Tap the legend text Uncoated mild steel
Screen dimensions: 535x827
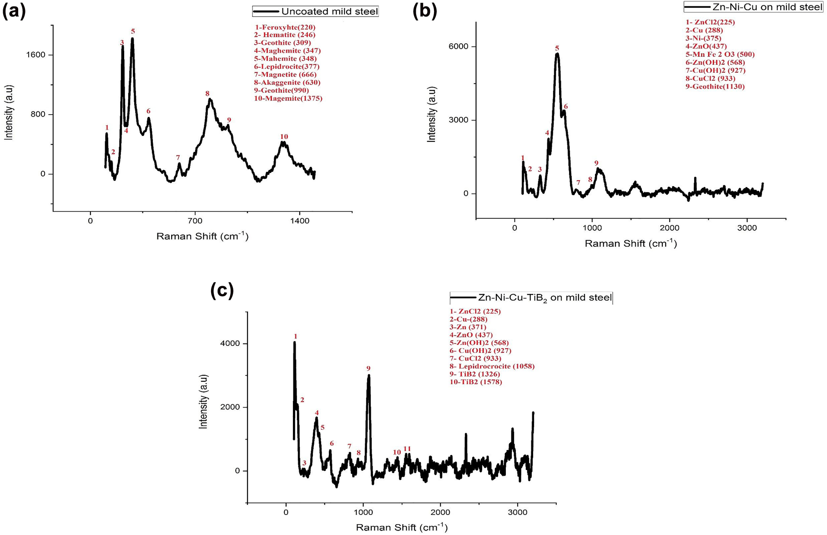[329, 11]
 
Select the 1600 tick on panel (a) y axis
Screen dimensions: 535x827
[36, 55]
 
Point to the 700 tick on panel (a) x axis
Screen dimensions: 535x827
[195, 221]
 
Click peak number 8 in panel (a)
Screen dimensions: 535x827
[207, 94]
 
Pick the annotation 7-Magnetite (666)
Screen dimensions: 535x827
[285, 75]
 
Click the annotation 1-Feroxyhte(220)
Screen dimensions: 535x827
[285, 27]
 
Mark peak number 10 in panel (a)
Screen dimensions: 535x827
[284, 136]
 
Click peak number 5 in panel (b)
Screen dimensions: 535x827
[557, 48]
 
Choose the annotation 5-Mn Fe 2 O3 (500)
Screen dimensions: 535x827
[720, 54]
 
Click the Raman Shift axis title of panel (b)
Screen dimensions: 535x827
[630, 244]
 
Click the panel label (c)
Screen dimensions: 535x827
[222, 290]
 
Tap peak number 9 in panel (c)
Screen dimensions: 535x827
[368, 368]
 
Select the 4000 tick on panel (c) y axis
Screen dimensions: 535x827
[231, 343]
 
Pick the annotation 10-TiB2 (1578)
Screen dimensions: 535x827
[476, 382]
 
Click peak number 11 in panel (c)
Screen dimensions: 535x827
[407, 449]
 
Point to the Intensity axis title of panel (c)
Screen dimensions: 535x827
[203, 402]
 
